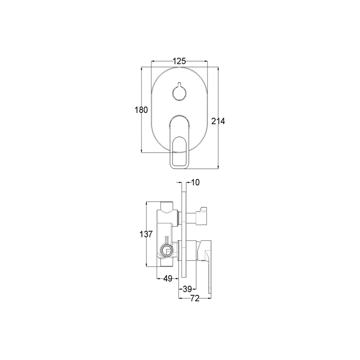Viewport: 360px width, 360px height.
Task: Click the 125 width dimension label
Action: pyautogui.click(x=179, y=61)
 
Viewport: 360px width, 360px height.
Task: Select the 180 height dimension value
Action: pyautogui.click(x=141, y=110)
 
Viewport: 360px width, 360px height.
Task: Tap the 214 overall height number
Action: pyautogui.click(x=218, y=121)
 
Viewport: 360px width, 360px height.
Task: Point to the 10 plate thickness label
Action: pyautogui.click(x=195, y=182)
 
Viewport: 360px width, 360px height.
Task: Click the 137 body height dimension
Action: pyautogui.click(x=146, y=234)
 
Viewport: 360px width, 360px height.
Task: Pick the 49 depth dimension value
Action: pyautogui.click(x=167, y=279)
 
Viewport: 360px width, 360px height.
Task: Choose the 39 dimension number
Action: pyautogui.click(x=187, y=289)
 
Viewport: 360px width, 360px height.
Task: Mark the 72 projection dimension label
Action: pyautogui.click(x=195, y=298)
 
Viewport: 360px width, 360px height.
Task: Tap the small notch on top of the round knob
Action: pyautogui.click(x=179, y=84)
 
